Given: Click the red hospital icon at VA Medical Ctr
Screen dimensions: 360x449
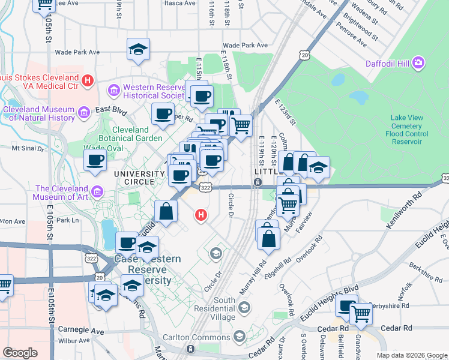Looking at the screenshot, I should click(88, 79).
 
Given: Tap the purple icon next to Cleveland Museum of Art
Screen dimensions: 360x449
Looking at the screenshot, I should click(97, 192).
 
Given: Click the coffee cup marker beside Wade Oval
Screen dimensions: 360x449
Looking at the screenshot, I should click(95, 160).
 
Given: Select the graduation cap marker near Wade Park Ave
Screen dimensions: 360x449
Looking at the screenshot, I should click(138, 50).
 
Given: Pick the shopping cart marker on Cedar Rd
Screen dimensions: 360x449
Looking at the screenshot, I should click(361, 313).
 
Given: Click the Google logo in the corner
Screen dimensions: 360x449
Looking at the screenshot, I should click(20, 353).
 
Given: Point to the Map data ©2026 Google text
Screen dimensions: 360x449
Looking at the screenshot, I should click(411, 355).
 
